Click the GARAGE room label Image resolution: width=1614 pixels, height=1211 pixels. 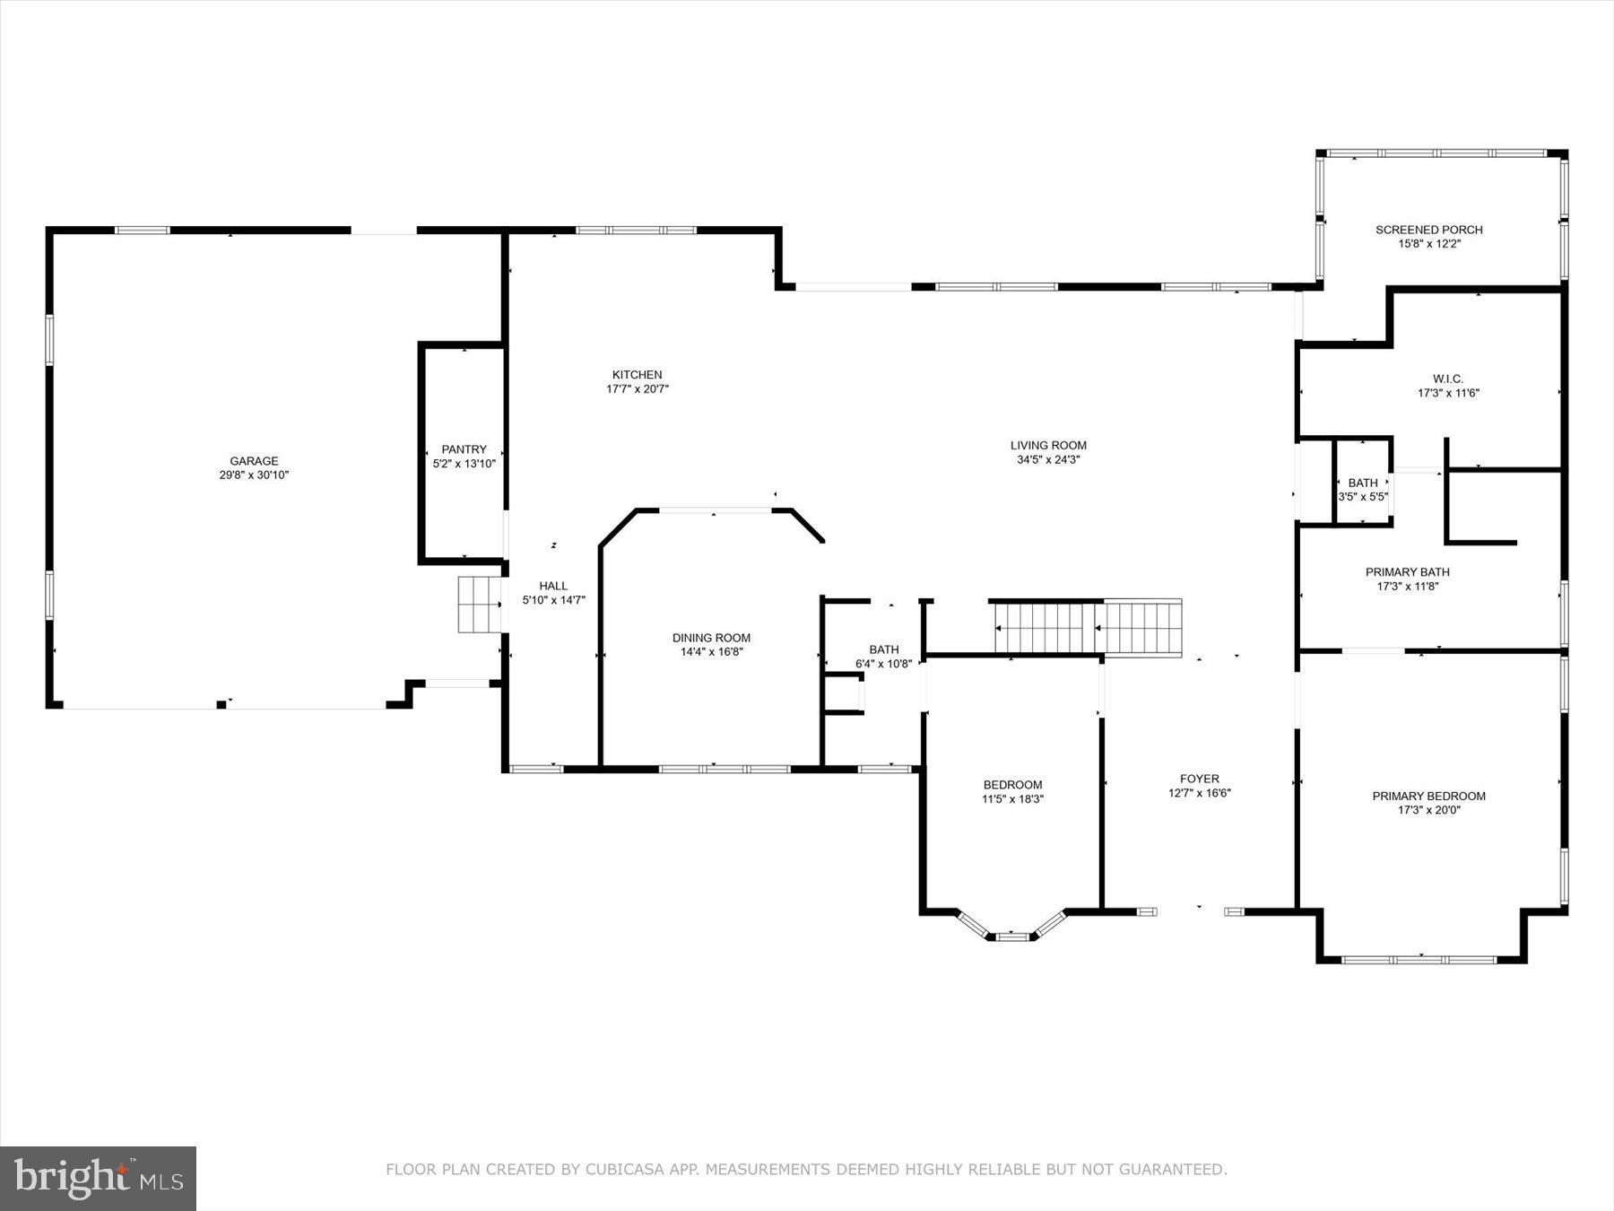(254, 461)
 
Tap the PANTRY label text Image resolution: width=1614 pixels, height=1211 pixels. (464, 449)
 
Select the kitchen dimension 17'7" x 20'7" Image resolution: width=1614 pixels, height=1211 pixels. (637, 389)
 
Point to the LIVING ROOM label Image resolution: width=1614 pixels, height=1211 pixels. (1048, 445)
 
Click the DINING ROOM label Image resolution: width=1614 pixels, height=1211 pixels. (711, 638)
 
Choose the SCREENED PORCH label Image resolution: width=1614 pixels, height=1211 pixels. (1429, 230)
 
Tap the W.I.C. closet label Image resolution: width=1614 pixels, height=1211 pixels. (1447, 379)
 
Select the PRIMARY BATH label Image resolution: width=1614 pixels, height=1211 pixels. (1407, 571)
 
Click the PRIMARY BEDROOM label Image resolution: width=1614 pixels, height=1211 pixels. (1428, 796)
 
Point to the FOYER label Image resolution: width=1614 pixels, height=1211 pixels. (1199, 779)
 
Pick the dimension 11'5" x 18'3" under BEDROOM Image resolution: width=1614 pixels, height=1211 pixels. (1012, 798)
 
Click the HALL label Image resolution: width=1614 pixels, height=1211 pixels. (553, 586)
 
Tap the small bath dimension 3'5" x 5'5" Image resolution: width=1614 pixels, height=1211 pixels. (1362, 497)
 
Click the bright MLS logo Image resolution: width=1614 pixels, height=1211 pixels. (98, 1178)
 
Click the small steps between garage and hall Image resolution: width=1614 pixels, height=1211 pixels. (479, 605)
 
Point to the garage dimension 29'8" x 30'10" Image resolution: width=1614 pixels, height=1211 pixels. (254, 475)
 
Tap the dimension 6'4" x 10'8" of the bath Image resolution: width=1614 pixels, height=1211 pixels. (883, 664)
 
